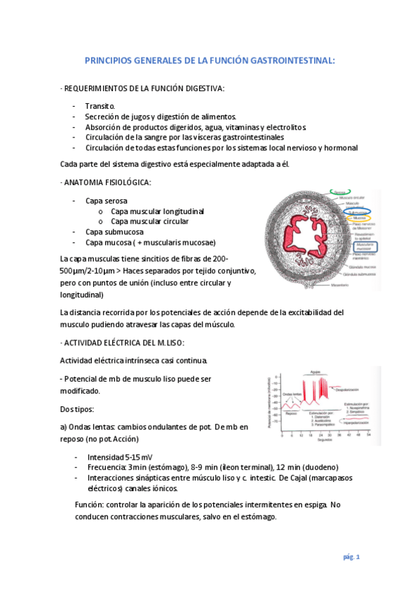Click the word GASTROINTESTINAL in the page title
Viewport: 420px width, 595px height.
click(x=287, y=61)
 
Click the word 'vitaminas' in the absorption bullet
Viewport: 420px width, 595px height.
click(x=242, y=126)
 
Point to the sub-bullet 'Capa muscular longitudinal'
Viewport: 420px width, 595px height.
click(x=158, y=210)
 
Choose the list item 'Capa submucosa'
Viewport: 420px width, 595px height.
click(x=114, y=232)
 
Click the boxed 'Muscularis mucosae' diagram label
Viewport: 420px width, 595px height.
click(x=363, y=248)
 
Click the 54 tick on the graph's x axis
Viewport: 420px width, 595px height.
click(x=369, y=435)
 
